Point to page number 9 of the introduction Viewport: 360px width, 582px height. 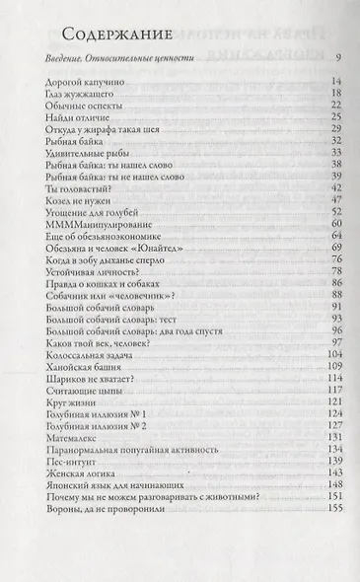click(337, 59)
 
